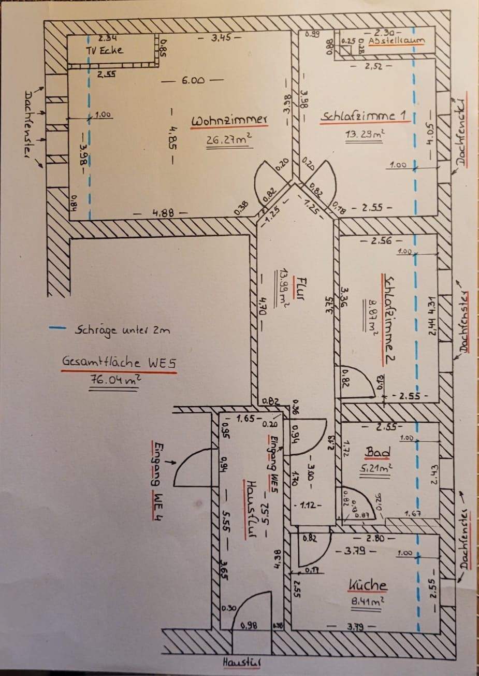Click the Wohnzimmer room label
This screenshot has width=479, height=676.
tap(229, 121)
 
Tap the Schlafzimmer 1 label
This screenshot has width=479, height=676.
tap(363, 116)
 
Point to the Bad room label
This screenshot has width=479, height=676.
tap(378, 452)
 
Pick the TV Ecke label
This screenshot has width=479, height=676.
tap(105, 50)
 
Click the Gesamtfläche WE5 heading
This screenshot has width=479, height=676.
tap(119, 362)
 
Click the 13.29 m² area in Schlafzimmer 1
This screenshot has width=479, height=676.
tap(365, 134)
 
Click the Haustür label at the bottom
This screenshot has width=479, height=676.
tap(242, 663)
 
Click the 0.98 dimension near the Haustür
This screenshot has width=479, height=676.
tap(250, 625)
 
